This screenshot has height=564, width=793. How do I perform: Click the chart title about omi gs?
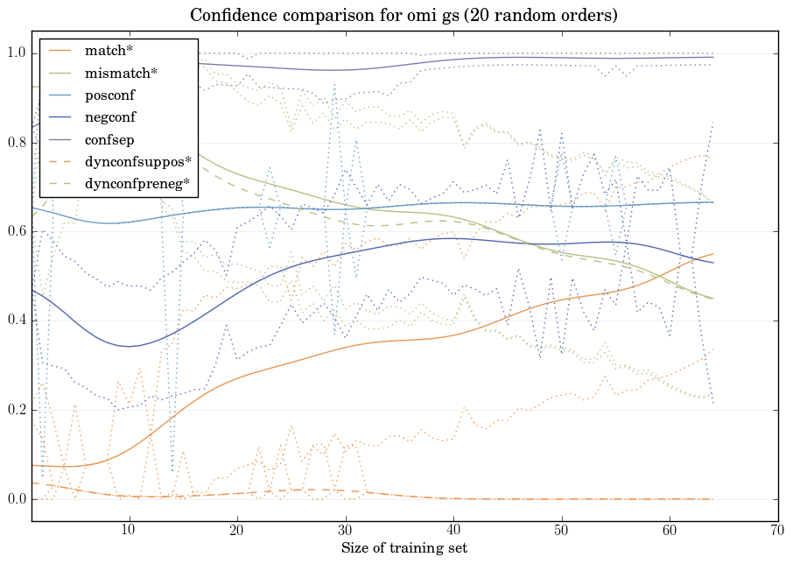point(404,15)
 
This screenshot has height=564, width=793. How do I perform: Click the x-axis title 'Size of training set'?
point(404,548)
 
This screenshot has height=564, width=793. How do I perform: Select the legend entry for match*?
point(103,51)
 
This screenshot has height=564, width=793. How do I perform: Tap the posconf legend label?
point(109,95)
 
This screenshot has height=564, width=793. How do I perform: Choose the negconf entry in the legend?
point(110,117)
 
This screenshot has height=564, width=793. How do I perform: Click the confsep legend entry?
point(109,139)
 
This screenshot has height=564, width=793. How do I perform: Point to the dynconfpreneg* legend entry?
point(137,184)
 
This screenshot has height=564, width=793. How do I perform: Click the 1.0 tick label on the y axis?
point(16,53)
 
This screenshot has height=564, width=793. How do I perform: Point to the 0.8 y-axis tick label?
point(16,143)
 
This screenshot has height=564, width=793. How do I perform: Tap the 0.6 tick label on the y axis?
point(16,232)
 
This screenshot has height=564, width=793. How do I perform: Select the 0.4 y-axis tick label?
point(16,321)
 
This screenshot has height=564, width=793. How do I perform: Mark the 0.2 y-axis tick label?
point(16,411)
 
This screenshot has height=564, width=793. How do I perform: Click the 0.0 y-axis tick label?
point(16,500)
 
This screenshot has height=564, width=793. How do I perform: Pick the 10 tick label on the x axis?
point(129,531)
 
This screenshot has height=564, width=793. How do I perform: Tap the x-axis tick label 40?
point(453,531)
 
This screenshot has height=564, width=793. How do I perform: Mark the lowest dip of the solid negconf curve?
point(129,347)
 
